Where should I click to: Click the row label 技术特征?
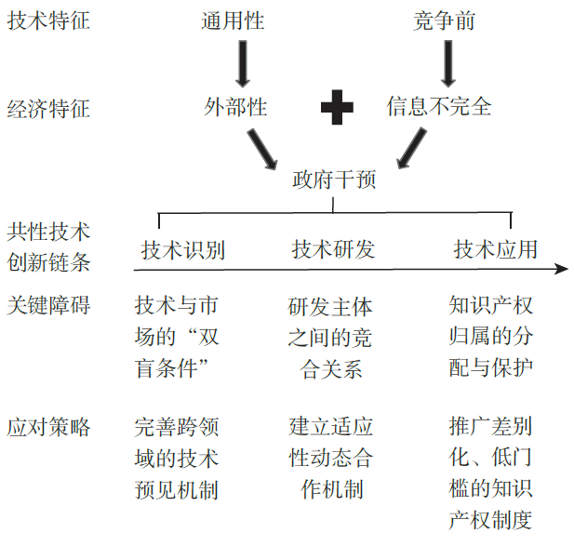click(x=48, y=20)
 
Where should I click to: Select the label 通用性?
click(x=233, y=20)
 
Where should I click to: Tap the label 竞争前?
click(x=444, y=20)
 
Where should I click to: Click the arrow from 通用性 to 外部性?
click(x=243, y=63)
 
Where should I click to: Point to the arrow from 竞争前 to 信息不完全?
click(x=448, y=63)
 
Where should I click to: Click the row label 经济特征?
click(x=48, y=109)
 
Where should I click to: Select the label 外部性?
click(x=235, y=107)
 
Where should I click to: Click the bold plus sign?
click(x=337, y=107)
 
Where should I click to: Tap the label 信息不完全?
click(x=438, y=106)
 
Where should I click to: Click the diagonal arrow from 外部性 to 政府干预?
click(x=261, y=149)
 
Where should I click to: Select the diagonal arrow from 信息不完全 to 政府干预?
click(x=412, y=148)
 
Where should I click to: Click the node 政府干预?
click(x=334, y=180)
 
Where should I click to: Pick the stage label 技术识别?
click(x=182, y=250)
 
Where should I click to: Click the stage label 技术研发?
click(x=333, y=249)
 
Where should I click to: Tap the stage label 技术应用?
click(x=495, y=249)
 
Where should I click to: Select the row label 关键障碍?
click(x=48, y=305)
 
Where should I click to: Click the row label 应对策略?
click(x=48, y=427)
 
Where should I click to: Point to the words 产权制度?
click(x=490, y=520)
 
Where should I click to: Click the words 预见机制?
click(x=177, y=489)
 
